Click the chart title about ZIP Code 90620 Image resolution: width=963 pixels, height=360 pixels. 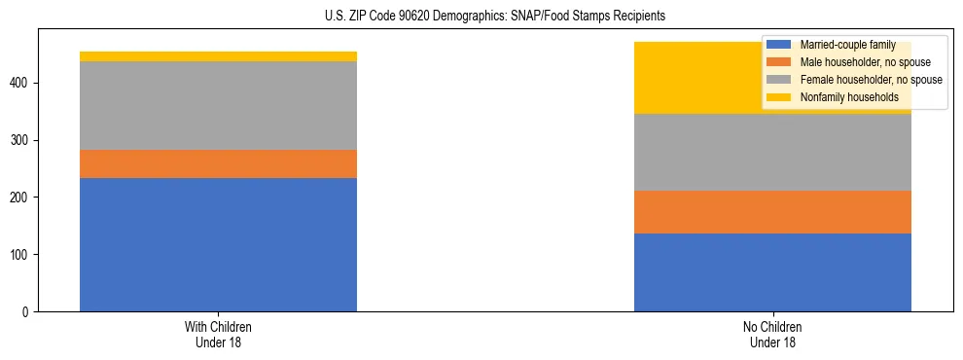tap(495, 17)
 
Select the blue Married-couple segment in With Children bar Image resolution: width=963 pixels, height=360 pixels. tap(218, 244)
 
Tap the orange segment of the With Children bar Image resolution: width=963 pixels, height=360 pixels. tap(218, 163)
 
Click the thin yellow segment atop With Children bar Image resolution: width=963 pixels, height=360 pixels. tap(218, 56)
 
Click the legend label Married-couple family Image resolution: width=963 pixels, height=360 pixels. tap(847, 45)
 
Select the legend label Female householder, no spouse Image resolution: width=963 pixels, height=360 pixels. tap(871, 80)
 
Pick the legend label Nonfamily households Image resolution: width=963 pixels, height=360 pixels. tap(848, 97)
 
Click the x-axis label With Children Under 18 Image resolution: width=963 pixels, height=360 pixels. tap(218, 334)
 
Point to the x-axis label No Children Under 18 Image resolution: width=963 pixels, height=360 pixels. tap(772, 334)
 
